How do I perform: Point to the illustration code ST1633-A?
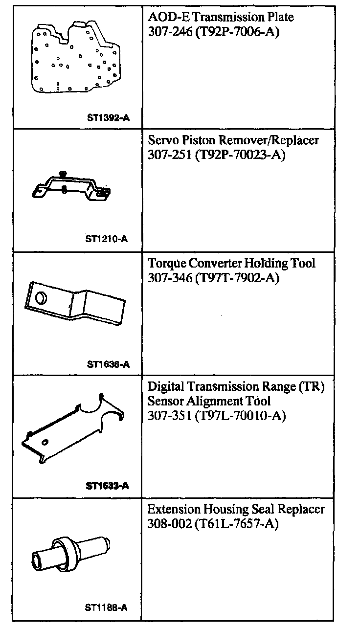click(107, 486)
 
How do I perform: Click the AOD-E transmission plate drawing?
click(73, 59)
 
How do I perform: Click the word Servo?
click(161, 140)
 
